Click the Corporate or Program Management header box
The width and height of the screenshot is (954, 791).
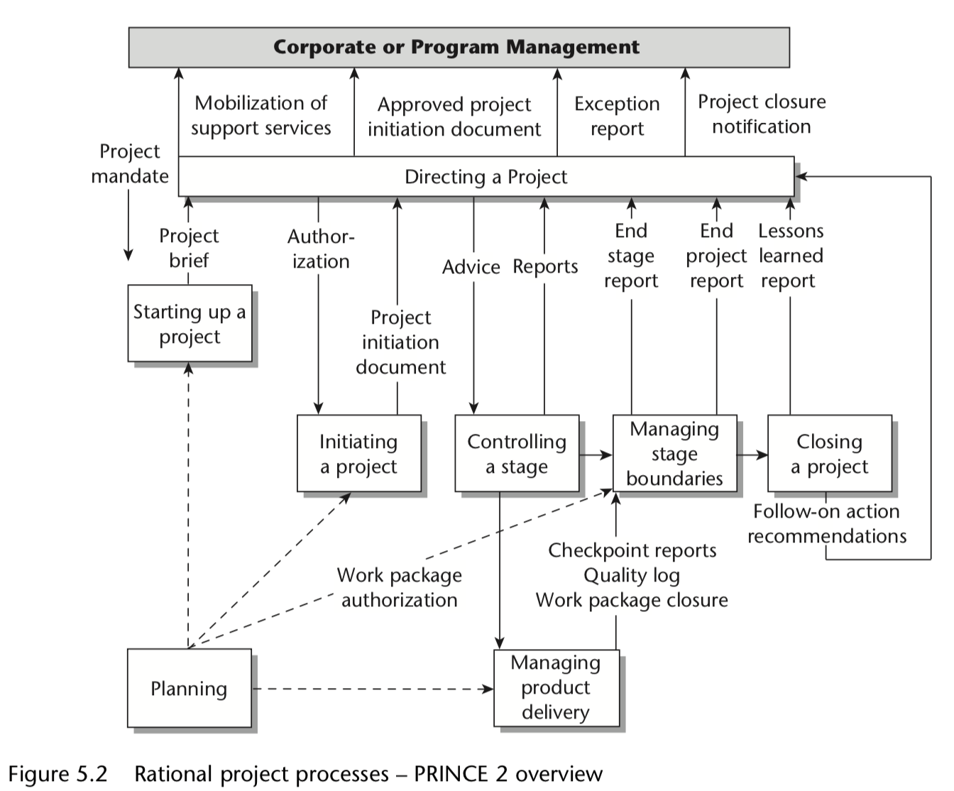459,47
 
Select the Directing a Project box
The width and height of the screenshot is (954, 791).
486,177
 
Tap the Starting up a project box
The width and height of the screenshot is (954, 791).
190,324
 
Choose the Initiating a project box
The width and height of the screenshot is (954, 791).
359,453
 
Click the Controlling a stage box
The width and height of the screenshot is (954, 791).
517,453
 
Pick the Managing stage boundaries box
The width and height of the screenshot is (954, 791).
675,453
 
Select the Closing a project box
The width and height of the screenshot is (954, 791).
830,453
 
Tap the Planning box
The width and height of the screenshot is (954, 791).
189,688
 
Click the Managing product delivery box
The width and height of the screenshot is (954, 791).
556,688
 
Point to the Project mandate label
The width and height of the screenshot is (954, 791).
130,163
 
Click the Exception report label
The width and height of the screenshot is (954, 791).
617,116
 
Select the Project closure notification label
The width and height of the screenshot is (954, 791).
762,114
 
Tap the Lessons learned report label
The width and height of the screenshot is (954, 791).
791,256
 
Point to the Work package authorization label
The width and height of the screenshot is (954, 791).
400,588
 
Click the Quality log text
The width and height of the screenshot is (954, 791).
632,576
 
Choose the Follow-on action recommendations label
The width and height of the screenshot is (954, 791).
827,524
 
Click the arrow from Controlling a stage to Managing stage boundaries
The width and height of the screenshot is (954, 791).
596,454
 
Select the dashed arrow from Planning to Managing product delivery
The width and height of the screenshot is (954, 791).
373,689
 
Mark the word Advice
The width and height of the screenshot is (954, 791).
471,267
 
